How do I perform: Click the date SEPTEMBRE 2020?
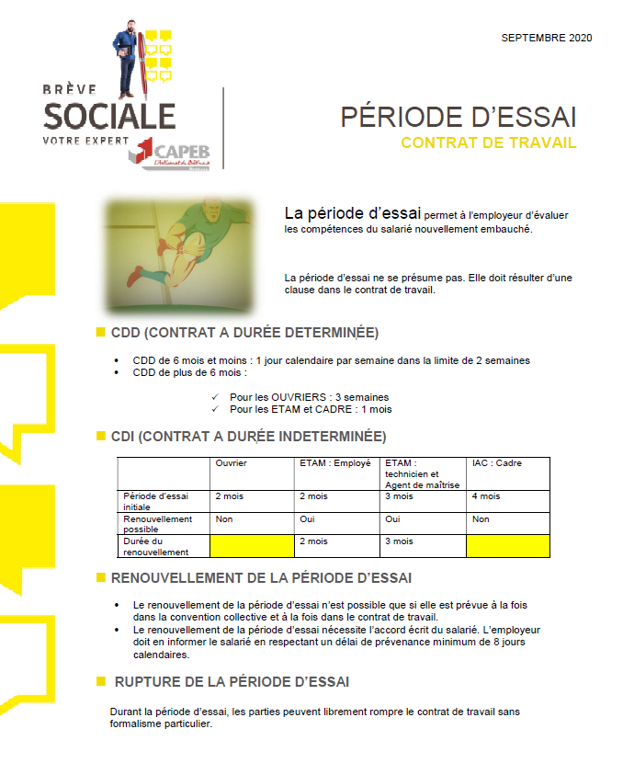point(546,38)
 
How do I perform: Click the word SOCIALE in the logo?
point(109,116)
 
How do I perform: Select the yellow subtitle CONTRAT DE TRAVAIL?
point(489,142)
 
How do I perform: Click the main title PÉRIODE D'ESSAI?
point(459,118)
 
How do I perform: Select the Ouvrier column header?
point(232,463)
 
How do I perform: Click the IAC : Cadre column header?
point(496,463)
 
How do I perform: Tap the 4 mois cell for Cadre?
point(486,496)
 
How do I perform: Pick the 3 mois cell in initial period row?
point(399,496)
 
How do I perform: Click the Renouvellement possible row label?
point(157,523)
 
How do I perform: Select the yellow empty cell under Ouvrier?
point(252,546)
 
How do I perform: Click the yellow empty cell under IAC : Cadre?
point(507,546)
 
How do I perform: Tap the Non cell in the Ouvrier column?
point(223,519)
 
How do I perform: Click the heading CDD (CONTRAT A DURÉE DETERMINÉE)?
point(244,332)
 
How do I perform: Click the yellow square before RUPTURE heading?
point(100,681)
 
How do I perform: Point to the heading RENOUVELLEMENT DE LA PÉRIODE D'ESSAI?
point(261,578)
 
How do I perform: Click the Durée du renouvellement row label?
point(156,546)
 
